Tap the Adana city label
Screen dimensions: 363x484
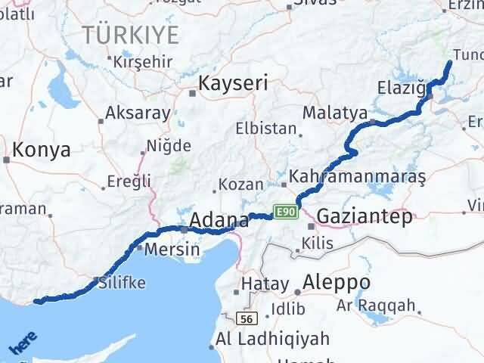[219, 220]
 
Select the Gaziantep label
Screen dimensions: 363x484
[365, 217]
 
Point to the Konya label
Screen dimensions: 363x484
[42, 150]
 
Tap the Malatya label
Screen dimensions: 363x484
[329, 113]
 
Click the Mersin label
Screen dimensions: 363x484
[172, 249]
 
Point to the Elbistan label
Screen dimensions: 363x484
[265, 129]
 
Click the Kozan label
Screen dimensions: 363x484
[241, 184]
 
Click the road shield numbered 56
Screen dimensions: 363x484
[245, 319]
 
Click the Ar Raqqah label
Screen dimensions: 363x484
[377, 306]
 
